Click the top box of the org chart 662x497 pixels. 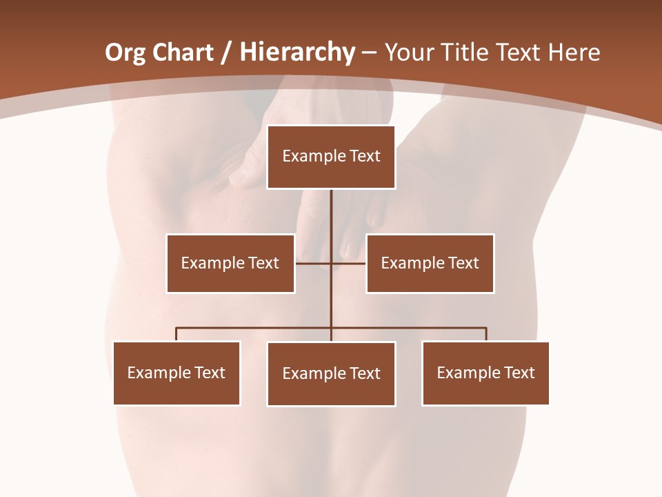pos(331,157)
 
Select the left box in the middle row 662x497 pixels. pos(230,263)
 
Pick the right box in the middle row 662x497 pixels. pos(430,263)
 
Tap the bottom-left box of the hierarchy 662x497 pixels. pos(177,373)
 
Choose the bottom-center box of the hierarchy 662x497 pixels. pos(331,373)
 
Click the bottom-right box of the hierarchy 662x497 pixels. pos(485,373)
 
